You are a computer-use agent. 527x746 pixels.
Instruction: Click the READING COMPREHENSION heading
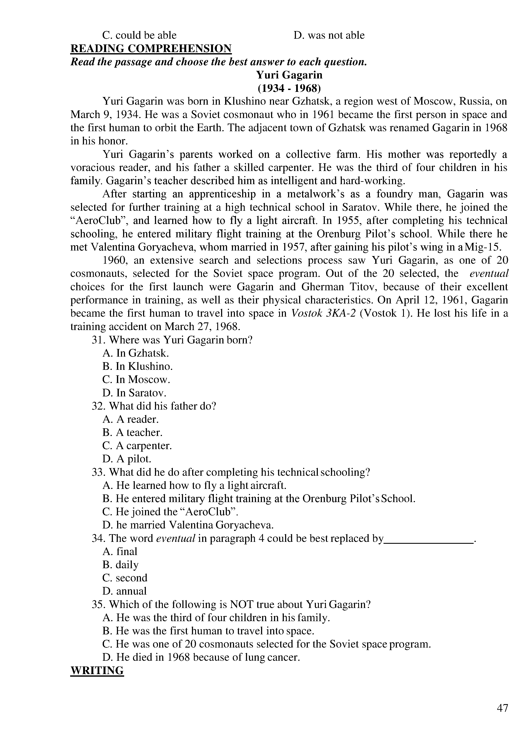tap(151, 48)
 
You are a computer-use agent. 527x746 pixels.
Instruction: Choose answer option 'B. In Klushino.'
tap(137, 366)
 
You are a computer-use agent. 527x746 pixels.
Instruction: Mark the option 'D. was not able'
tap(329, 35)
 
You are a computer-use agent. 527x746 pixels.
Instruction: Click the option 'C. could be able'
tap(139, 35)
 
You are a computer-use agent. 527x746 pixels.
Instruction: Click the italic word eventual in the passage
tap(489, 273)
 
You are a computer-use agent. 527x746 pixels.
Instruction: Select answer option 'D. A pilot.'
tap(127, 459)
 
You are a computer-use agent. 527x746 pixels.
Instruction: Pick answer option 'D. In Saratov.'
tap(134, 393)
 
